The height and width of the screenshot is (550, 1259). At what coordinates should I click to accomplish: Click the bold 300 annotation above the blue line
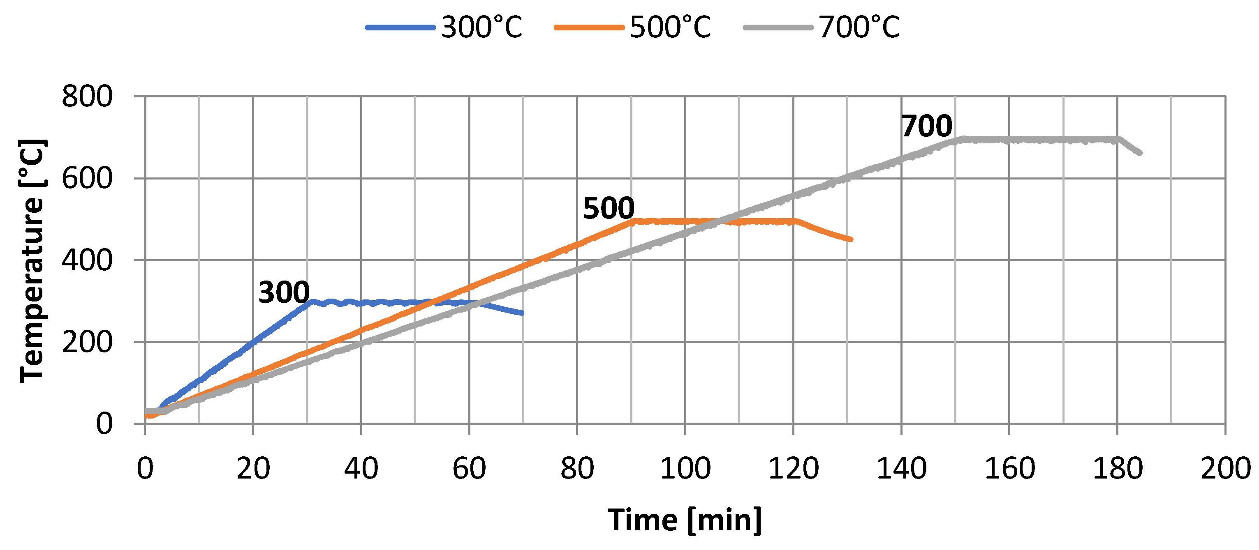click(284, 292)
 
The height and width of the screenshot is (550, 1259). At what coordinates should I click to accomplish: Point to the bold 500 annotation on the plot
click(609, 208)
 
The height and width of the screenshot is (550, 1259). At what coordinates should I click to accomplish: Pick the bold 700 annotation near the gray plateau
click(927, 126)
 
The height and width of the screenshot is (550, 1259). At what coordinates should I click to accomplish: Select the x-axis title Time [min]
click(685, 520)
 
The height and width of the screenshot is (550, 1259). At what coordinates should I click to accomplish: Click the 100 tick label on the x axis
click(685, 468)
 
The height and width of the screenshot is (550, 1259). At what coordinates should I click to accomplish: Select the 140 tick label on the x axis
click(901, 468)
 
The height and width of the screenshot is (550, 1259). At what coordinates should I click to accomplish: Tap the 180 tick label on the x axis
click(1117, 468)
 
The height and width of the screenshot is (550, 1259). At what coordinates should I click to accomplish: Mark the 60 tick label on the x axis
click(469, 468)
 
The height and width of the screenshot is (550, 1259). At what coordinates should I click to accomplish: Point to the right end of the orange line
click(851, 239)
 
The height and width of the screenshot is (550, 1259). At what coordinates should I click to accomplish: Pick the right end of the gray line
click(1140, 153)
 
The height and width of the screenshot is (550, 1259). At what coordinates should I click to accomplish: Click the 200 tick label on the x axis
click(1225, 468)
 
